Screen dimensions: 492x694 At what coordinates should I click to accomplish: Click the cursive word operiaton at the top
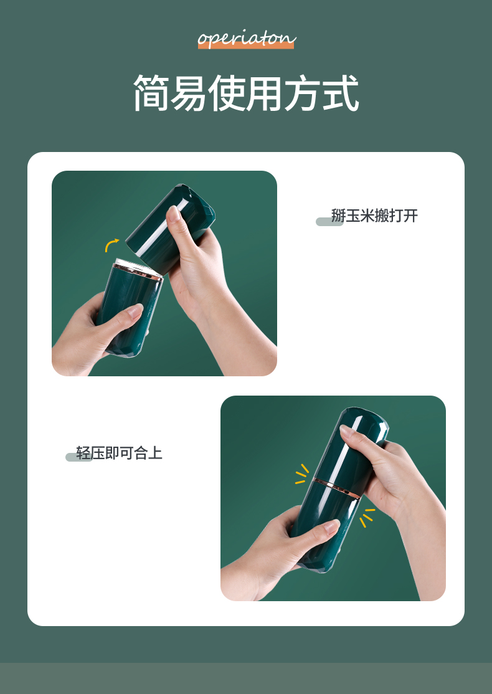247,39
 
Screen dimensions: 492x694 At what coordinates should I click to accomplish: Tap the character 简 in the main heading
152,93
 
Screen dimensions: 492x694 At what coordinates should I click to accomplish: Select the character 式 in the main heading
340,93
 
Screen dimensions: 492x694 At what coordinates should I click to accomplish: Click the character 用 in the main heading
265,93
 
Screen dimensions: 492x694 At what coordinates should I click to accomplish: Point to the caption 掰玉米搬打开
374,216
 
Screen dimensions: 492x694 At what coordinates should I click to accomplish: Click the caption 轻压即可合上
119,454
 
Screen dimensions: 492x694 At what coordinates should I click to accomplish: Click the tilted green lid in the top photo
171,228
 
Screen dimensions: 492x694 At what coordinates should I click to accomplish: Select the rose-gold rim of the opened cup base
138,271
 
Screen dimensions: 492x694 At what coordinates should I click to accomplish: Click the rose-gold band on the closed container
337,488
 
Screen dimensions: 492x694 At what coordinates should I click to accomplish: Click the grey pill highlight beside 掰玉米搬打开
329,222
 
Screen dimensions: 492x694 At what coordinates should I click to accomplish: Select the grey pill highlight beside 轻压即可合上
79,457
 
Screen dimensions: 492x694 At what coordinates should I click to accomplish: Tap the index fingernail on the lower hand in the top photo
135,310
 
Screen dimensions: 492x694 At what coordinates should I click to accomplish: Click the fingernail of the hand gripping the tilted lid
173,214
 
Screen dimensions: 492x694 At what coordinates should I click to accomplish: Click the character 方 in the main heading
303,93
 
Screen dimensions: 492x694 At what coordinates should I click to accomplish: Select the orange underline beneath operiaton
246,45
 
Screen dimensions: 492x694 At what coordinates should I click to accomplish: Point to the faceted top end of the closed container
367,418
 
